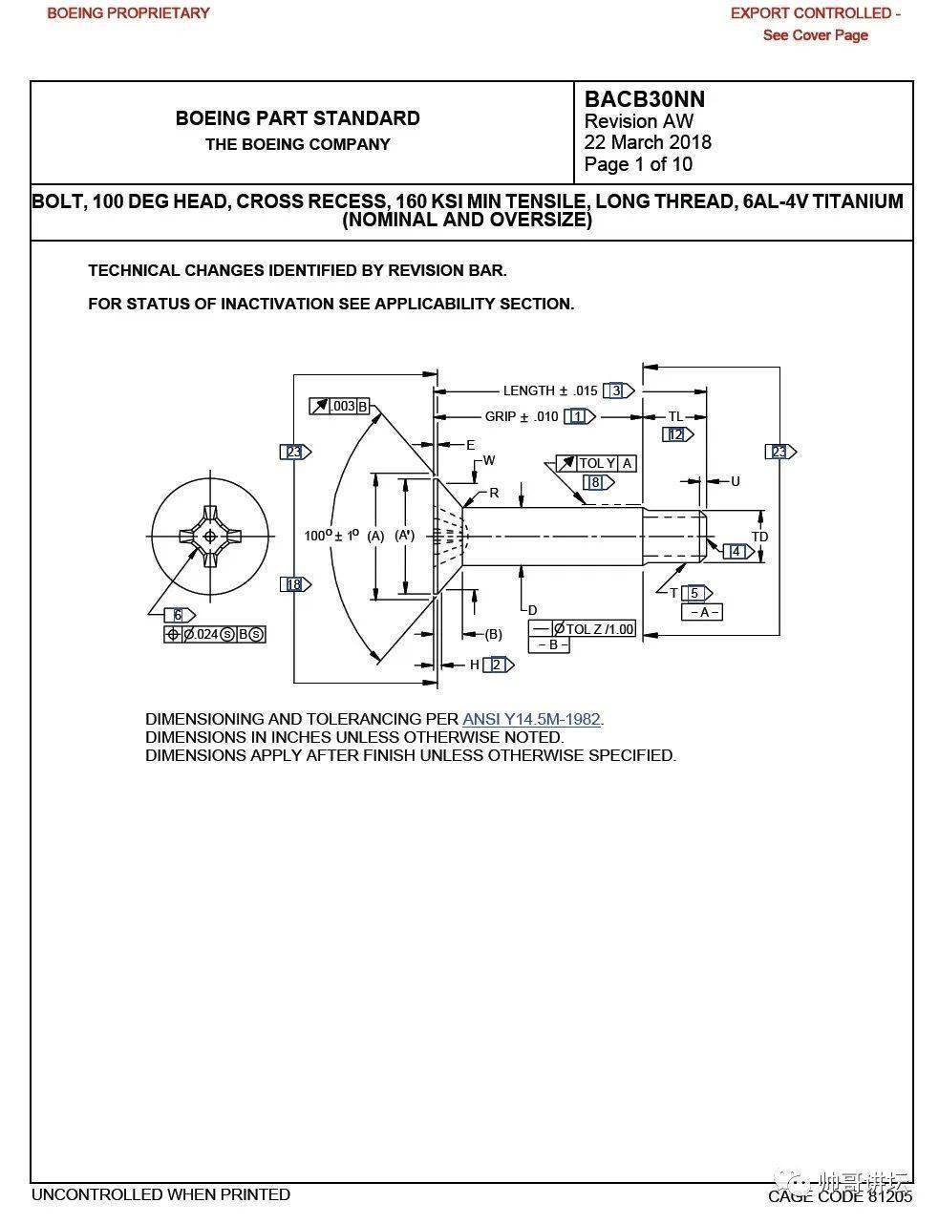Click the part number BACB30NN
click(x=644, y=99)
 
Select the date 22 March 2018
click(x=648, y=142)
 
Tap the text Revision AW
click(x=638, y=121)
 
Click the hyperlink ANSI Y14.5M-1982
click(x=532, y=719)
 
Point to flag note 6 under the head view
click(x=179, y=615)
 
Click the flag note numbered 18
click(x=294, y=584)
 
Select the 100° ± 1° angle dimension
click(x=331, y=535)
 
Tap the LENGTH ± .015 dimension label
click(x=549, y=390)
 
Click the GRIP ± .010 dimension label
click(x=521, y=416)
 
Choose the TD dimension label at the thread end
click(x=759, y=537)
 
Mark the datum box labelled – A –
click(x=702, y=612)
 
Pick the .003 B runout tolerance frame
click(x=340, y=406)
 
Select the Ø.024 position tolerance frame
click(x=214, y=634)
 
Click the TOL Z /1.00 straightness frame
click(x=583, y=628)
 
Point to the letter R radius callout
click(x=494, y=494)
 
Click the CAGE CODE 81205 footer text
click(x=840, y=1195)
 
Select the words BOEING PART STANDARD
click(x=297, y=118)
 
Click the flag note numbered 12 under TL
click(x=676, y=434)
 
